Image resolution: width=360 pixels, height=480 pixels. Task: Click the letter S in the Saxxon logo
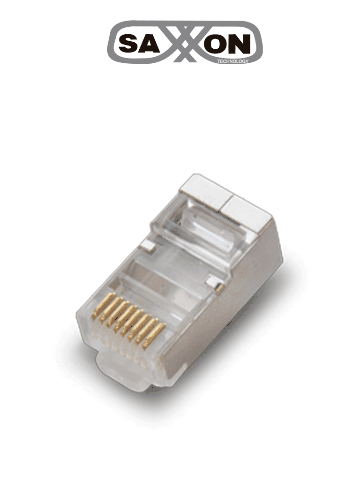pos(128,45)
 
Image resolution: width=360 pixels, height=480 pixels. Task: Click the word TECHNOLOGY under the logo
pos(233,61)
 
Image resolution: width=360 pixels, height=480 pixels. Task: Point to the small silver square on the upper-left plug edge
pos(148,244)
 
